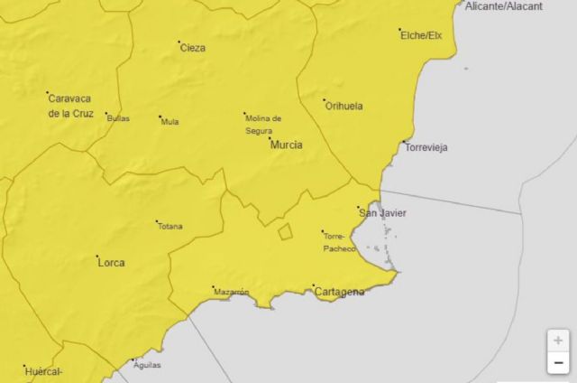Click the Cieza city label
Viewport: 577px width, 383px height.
point(193,48)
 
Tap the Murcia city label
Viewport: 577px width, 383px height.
point(286,145)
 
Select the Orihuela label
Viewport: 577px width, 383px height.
point(343,106)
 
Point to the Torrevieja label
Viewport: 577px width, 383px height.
point(426,147)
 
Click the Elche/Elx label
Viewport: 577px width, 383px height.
point(422,35)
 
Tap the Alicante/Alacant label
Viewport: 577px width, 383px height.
point(504,5)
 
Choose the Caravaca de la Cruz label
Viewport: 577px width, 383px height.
point(70,106)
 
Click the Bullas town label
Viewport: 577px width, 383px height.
point(118,118)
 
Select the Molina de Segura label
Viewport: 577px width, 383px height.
point(263,124)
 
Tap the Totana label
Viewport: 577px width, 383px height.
point(170,226)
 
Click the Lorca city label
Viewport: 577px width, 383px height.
point(111,263)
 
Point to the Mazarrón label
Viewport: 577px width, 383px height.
point(231,292)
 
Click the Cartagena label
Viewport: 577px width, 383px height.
point(339,291)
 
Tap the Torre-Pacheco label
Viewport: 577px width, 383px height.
point(339,240)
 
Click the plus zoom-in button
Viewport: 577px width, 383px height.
point(558,341)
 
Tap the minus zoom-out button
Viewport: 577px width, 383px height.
point(558,363)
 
